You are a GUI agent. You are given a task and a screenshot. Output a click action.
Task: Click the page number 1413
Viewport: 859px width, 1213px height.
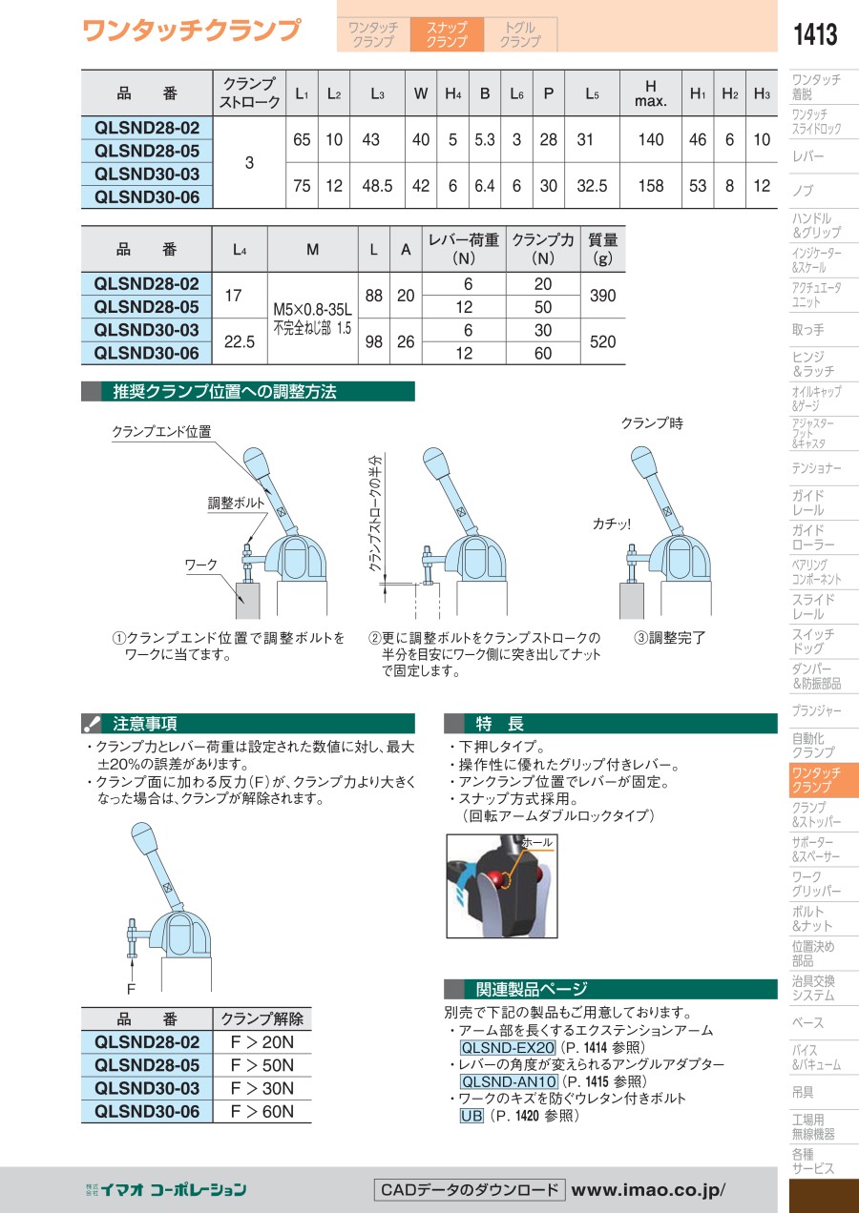click(815, 33)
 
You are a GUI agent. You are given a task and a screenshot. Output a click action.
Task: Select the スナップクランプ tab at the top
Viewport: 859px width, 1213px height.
click(447, 34)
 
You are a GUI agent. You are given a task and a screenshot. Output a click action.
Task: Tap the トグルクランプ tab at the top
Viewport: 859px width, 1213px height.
click(520, 34)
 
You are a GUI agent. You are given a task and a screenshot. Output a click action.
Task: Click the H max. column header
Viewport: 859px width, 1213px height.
click(650, 93)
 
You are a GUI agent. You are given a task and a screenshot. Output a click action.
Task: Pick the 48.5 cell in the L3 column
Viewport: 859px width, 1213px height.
click(377, 186)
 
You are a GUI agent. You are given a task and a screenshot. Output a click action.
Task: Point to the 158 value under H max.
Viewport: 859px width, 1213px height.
click(650, 186)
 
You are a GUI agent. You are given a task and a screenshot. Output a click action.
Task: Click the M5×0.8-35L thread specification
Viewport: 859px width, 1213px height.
click(313, 310)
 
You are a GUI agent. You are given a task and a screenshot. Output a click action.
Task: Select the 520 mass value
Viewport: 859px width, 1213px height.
click(602, 341)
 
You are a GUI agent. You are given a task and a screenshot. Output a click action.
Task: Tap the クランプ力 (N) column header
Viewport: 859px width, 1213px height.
click(543, 249)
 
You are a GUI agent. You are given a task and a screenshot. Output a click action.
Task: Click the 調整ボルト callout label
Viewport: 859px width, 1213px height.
click(236, 504)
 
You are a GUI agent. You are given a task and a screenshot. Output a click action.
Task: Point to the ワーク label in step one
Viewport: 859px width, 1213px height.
click(201, 565)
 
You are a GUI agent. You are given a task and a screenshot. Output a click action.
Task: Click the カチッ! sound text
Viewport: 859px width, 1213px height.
click(612, 524)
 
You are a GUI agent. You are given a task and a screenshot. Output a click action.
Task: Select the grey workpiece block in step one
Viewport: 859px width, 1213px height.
click(247, 601)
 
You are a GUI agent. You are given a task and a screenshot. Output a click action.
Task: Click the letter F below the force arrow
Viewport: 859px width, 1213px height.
click(131, 989)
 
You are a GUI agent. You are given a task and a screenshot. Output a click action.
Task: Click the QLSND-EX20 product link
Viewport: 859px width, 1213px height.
click(507, 1047)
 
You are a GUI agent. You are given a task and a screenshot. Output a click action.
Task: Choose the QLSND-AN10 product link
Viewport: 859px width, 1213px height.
click(509, 1081)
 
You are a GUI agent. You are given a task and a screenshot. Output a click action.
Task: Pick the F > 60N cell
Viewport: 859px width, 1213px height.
click(262, 1112)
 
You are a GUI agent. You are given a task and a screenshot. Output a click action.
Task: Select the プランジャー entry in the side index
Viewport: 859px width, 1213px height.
click(817, 710)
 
